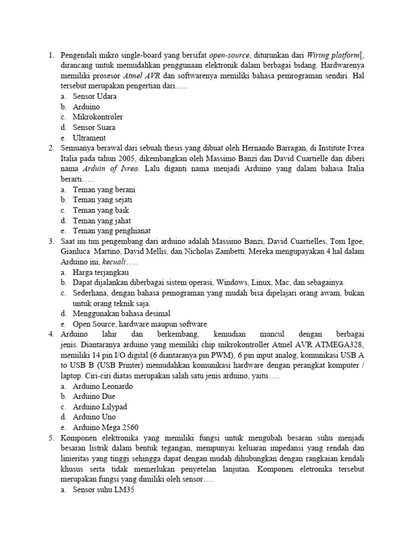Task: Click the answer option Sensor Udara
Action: (95, 97)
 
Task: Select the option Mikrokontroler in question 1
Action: (98, 117)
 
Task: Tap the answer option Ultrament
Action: (89, 138)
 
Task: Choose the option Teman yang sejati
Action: (103, 200)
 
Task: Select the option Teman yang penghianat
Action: (111, 231)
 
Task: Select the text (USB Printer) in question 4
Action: (116, 365)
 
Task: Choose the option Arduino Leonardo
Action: (103, 386)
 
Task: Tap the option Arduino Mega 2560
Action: (105, 428)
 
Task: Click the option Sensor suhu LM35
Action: (103, 489)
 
